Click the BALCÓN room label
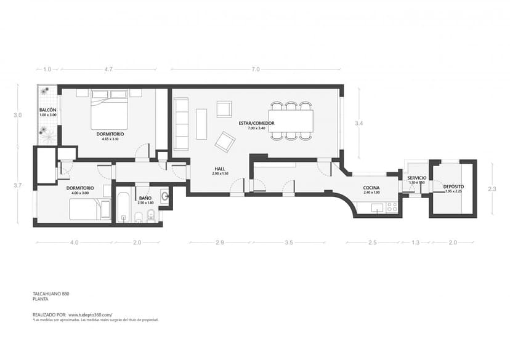(47, 110)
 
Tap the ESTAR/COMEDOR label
(256, 123)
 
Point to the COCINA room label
(371, 188)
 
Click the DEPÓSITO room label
(453, 186)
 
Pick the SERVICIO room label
(417, 177)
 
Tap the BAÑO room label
(145, 198)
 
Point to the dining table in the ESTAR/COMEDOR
(291, 120)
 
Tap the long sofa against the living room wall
(180, 124)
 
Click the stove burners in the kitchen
(392, 207)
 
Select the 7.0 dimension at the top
(255, 70)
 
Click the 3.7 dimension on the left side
(18, 185)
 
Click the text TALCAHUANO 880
(51, 294)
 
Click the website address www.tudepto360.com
(90, 314)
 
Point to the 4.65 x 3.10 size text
(110, 139)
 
